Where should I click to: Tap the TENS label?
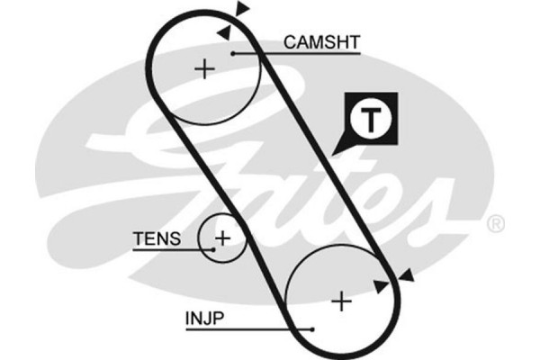pyautogui.click(x=157, y=239)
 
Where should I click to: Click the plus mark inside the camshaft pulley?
pyautogui.click(x=206, y=68)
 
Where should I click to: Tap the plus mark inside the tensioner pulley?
pyautogui.click(x=221, y=238)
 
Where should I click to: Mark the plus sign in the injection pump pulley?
pyautogui.click(x=341, y=301)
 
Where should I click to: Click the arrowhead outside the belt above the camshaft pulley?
pyautogui.click(x=242, y=9)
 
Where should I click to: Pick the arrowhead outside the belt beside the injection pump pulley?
pyautogui.click(x=407, y=275)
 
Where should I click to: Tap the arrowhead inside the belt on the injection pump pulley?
pyautogui.click(x=382, y=286)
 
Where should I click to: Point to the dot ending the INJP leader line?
pyautogui.click(x=310, y=329)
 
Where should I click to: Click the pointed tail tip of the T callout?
pyautogui.click(x=332, y=152)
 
